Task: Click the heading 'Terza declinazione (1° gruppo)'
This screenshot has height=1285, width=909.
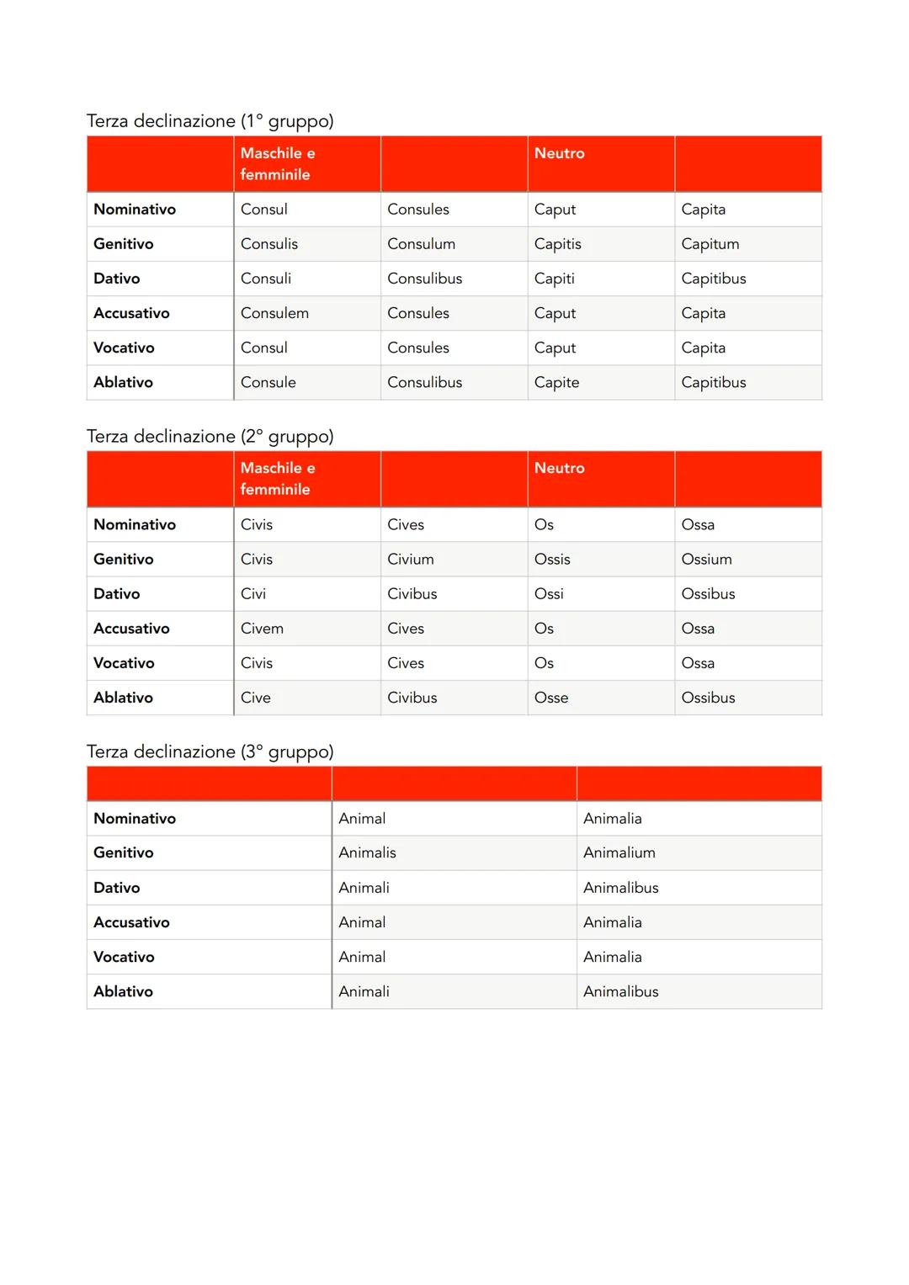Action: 210,121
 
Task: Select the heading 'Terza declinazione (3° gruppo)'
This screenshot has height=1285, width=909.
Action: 210,751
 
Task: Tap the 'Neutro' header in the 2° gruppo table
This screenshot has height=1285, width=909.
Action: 559,468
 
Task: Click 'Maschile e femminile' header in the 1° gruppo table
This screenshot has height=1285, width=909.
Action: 277,163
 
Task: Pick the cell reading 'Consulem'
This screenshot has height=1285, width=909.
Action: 274,313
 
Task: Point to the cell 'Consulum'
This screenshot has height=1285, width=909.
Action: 421,244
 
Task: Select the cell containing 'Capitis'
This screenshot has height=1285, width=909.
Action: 557,244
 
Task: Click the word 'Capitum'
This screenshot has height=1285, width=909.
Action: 710,244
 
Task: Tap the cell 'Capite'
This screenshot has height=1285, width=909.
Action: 556,382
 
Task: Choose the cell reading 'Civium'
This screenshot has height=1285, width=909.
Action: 410,559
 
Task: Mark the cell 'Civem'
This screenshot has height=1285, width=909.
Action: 262,629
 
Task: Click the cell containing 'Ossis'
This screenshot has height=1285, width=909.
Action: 551,559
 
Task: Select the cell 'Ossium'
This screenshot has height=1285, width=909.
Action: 706,559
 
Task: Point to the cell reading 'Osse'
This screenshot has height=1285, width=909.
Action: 550,698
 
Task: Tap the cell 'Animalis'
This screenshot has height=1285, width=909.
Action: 367,852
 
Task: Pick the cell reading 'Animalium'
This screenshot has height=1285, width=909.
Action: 619,852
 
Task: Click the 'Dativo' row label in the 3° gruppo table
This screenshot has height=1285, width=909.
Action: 117,888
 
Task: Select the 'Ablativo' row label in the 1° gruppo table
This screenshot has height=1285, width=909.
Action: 123,382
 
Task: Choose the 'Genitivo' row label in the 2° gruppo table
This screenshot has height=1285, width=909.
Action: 123,559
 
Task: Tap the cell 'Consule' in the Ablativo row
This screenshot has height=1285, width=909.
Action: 268,382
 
